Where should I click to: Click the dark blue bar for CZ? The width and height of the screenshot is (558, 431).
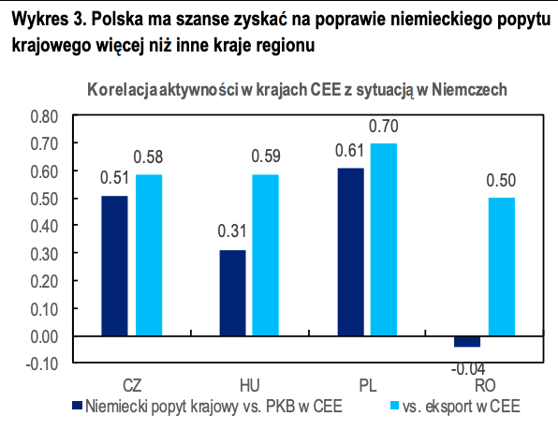tap(114, 266)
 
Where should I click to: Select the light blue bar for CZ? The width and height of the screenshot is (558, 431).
tap(149, 255)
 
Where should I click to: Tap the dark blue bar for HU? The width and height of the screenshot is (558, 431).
tap(232, 293)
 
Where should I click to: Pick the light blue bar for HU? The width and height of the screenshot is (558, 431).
tap(266, 255)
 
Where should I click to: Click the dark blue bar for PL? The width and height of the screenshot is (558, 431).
tap(351, 252)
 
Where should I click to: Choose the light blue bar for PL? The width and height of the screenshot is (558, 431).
tap(384, 240)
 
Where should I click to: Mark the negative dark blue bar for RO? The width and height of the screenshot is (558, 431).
tap(467, 342)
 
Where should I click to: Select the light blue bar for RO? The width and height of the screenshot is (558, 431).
tap(502, 267)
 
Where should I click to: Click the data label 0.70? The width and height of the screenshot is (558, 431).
tap(384, 126)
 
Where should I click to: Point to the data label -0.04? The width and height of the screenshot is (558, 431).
tap(468, 369)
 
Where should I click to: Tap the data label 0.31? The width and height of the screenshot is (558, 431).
tap(232, 231)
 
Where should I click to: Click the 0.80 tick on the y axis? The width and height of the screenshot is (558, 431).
tap(44, 116)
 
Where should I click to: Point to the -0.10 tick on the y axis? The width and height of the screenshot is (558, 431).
tap(42, 364)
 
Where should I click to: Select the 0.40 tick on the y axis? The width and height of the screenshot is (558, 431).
tap(44, 226)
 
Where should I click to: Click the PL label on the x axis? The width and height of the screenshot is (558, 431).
tap(368, 386)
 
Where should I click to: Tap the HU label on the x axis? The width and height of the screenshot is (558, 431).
tap(250, 386)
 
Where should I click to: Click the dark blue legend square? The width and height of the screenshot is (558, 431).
tap(77, 406)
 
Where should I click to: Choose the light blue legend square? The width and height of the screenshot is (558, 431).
tap(395, 406)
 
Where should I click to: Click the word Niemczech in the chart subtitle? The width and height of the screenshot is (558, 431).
tap(469, 90)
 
